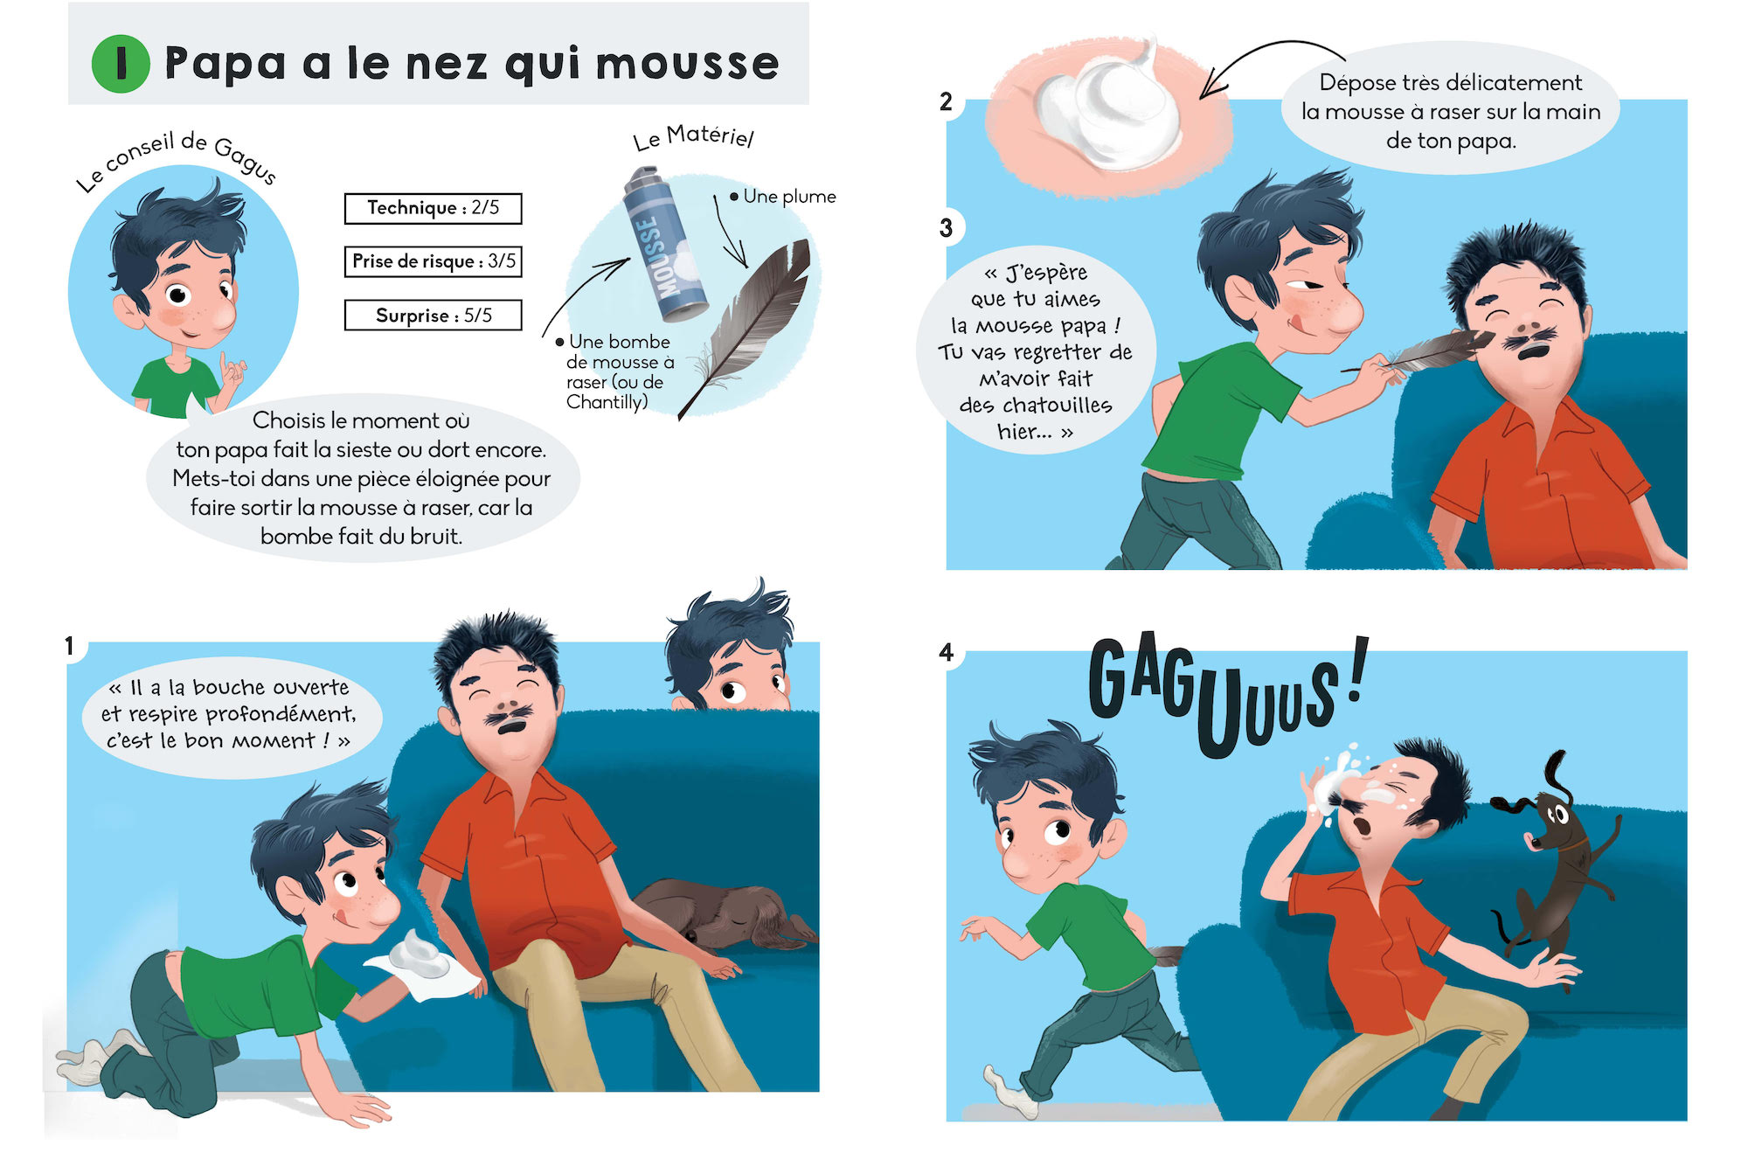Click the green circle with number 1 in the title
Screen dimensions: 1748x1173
[121, 64]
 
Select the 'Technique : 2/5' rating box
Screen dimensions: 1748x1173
[433, 208]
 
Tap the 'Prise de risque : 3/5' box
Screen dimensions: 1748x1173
[433, 261]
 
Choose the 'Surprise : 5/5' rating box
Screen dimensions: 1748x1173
[433, 315]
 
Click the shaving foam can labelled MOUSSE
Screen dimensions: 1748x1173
[664, 244]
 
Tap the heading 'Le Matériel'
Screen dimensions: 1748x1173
[693, 137]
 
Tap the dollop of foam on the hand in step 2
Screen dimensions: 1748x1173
[1110, 109]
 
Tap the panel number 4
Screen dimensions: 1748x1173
[946, 652]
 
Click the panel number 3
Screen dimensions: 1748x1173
[946, 228]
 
